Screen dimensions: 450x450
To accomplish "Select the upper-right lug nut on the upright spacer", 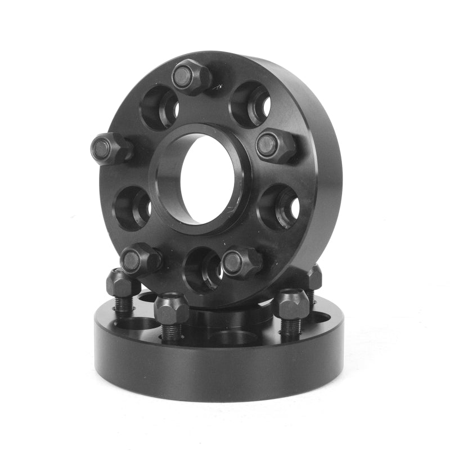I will (x=274, y=146).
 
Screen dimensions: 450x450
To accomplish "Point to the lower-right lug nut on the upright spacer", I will (x=241, y=262).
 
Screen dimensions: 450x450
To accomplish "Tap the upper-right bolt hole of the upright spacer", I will (x=251, y=104).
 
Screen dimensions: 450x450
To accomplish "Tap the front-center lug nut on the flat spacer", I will (x=171, y=308).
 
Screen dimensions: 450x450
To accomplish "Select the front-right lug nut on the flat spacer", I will (x=290, y=304).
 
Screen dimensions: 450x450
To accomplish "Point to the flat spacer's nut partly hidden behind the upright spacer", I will (x=313, y=278).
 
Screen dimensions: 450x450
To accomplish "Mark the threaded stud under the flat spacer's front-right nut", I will (x=291, y=327).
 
